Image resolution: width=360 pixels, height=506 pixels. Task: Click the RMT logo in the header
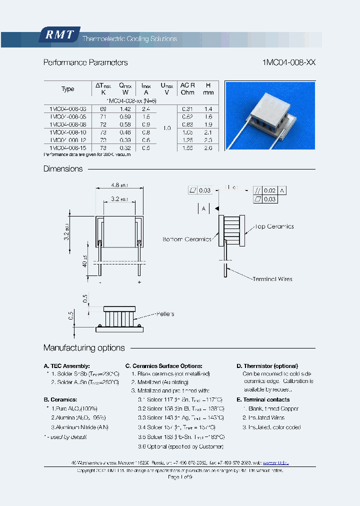[59, 35]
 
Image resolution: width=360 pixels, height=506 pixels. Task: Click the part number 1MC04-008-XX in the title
[289, 63]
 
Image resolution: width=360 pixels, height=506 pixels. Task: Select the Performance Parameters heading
[85, 63]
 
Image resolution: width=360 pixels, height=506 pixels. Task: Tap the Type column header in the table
[68, 89]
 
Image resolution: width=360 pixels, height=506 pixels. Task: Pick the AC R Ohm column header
[187, 89]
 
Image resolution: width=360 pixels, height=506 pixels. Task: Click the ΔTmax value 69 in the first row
[103, 108]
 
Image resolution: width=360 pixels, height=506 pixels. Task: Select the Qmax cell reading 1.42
[125, 108]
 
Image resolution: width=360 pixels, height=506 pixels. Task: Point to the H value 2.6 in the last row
[208, 148]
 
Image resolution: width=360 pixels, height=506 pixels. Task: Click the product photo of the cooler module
[269, 115]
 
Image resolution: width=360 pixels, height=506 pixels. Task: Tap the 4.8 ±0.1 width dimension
[119, 184]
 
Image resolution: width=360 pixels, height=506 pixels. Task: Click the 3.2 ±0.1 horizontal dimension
[119, 198]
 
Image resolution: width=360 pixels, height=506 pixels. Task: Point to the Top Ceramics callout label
[274, 226]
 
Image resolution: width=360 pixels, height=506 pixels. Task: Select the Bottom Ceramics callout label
[187, 239]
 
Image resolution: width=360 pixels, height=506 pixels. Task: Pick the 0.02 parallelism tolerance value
[269, 190]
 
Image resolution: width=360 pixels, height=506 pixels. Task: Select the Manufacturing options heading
[84, 348]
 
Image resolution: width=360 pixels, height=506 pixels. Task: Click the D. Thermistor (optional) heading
[267, 366]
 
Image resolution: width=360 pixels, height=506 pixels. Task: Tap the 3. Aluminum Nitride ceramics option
[79, 427]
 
